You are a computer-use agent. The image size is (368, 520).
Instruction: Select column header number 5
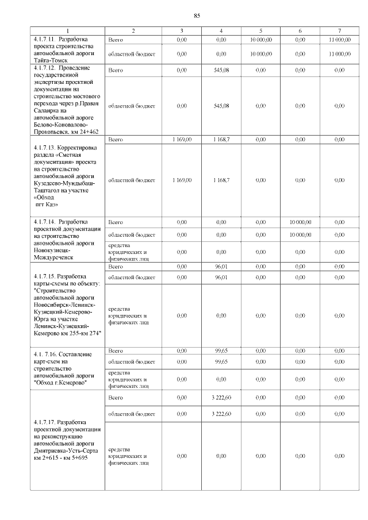coord(260,30)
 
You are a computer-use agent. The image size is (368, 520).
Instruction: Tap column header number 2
coord(133,30)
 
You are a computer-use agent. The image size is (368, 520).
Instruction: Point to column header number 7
coord(339,30)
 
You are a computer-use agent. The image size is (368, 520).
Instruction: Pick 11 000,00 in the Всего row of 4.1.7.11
coord(339,39)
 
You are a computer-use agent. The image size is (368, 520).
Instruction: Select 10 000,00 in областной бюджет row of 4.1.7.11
coord(260,53)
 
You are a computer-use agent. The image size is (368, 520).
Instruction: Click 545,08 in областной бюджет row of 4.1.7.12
coord(221,106)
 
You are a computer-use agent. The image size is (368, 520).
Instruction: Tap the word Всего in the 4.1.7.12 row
coord(116,70)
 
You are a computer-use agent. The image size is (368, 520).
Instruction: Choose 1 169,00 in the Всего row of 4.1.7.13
coord(182,140)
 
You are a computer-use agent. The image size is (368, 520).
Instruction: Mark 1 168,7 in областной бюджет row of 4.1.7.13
coord(221,180)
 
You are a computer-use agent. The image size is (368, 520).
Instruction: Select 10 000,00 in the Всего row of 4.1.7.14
coord(300,221)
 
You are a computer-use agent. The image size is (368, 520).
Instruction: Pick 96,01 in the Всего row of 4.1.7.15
coord(221,267)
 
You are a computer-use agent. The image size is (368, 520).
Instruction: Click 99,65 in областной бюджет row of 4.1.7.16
coord(221,362)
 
